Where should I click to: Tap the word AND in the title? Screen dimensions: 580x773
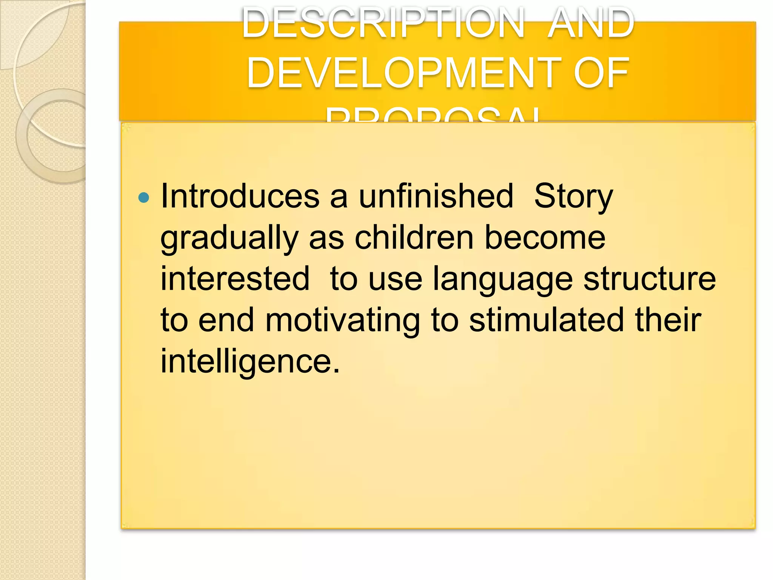pyautogui.click(x=591, y=23)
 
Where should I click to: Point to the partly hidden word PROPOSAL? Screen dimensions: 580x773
pyautogui.click(x=433, y=115)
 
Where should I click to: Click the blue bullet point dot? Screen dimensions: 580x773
pyautogui.click(x=144, y=197)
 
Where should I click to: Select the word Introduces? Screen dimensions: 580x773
pyautogui.click(x=240, y=196)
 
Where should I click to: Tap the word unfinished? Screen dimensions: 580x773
pyautogui.click(x=436, y=196)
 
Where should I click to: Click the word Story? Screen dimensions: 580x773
pyautogui.click(x=573, y=197)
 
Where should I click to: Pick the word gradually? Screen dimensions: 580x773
pyautogui.click(x=229, y=239)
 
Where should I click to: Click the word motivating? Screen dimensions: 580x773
pyautogui.click(x=342, y=321)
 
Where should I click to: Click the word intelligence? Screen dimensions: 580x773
pyautogui.click(x=250, y=362)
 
